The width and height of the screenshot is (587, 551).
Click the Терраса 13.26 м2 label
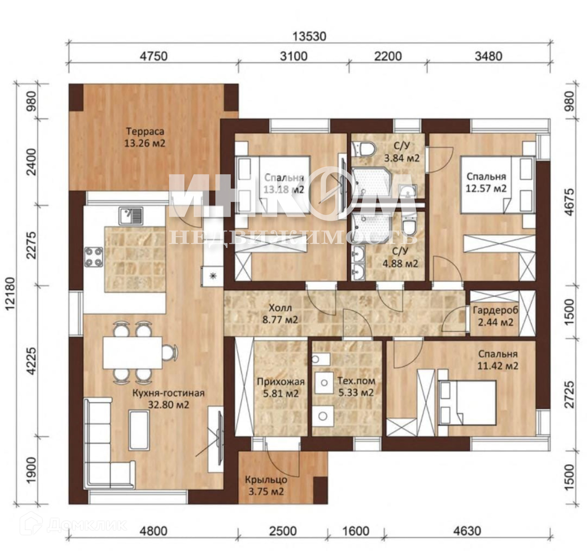(x=145, y=137)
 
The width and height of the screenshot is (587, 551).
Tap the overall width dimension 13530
(x=309, y=37)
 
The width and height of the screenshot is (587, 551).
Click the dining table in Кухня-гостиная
(x=133, y=353)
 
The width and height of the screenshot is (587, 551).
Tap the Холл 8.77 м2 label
(x=280, y=314)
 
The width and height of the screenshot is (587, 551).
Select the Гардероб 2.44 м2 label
(x=496, y=316)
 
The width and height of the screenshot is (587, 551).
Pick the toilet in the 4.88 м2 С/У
(x=409, y=225)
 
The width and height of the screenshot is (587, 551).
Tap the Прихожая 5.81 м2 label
(x=281, y=387)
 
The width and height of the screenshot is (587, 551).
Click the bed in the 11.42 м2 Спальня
(x=467, y=402)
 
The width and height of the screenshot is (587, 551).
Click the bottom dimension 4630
(x=467, y=530)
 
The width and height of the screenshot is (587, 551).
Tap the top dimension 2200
(x=388, y=57)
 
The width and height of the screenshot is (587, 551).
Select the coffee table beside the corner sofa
(x=139, y=430)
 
